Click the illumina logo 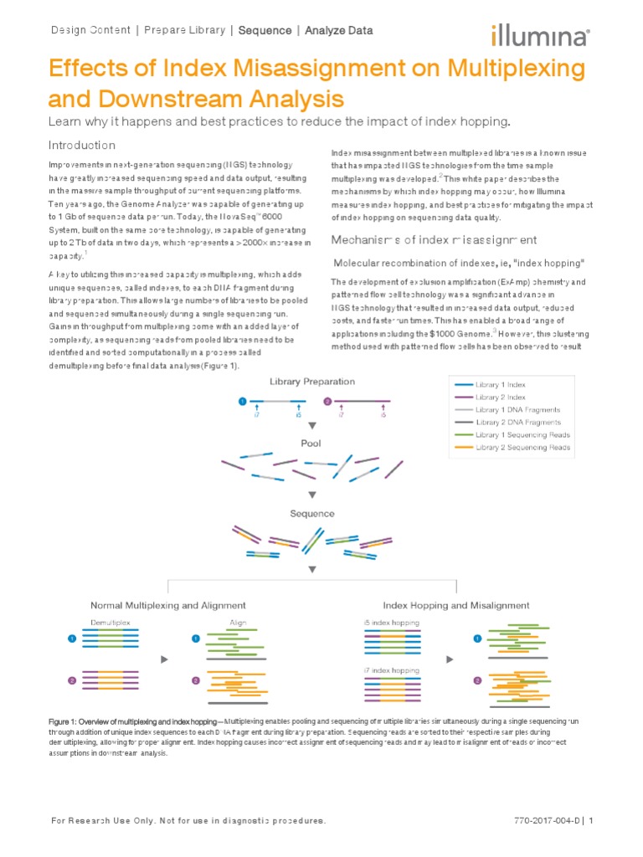540,34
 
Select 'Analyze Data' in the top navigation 339,31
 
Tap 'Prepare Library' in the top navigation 184,31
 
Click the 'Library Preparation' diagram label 311,382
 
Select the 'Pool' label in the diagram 311,442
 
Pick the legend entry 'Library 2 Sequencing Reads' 523,448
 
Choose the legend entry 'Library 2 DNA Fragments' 518,423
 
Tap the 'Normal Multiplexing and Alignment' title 167,605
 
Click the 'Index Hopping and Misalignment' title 455,605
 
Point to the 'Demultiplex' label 110,622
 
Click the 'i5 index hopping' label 392,622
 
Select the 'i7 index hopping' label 392,671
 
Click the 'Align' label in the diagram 239,622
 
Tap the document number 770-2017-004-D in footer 539,821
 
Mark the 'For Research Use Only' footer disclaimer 187,821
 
